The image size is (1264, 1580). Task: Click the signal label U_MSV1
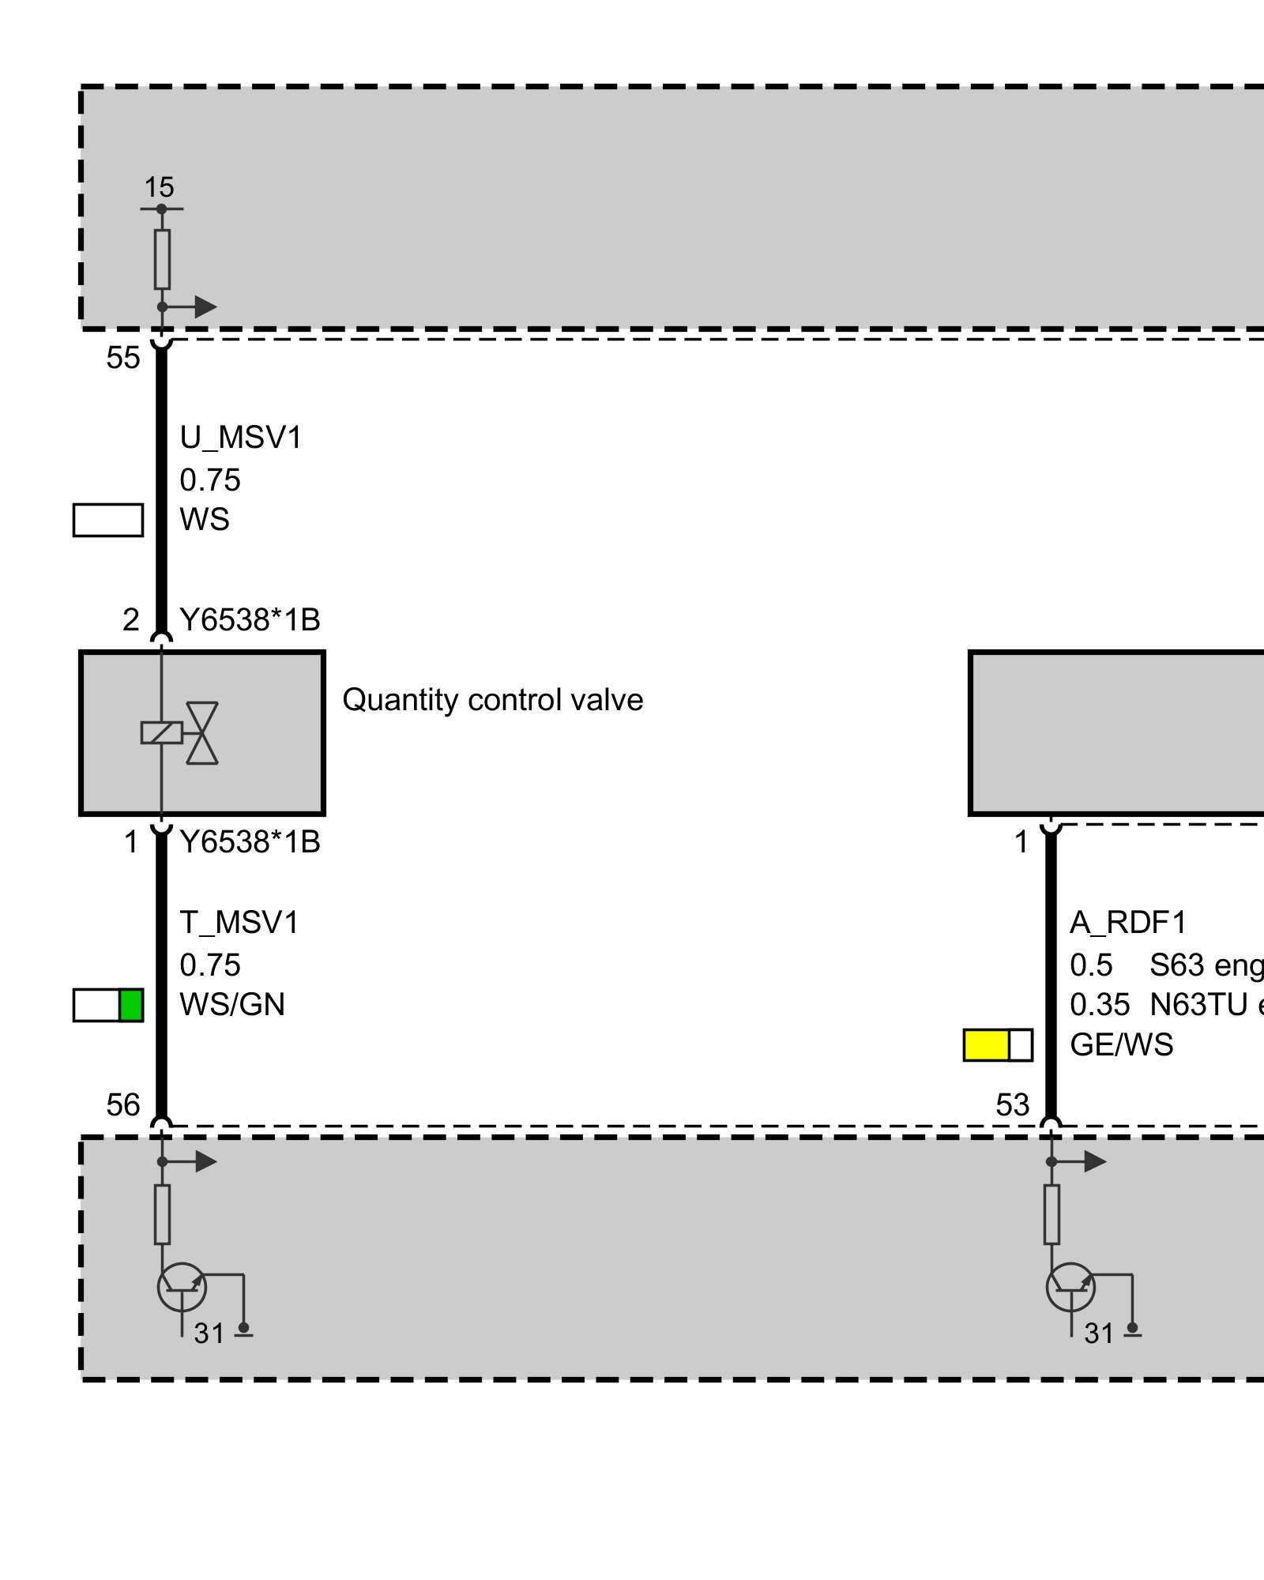pyautogui.click(x=241, y=438)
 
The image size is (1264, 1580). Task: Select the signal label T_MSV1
pyautogui.click(x=239, y=923)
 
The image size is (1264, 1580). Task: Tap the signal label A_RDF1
pyautogui.click(x=1128, y=923)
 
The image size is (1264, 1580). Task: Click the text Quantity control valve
pyautogui.click(x=492, y=700)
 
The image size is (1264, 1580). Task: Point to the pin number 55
pyautogui.click(x=123, y=358)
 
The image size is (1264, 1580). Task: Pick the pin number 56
pyautogui.click(x=123, y=1105)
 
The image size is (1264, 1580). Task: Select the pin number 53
pyautogui.click(x=1013, y=1105)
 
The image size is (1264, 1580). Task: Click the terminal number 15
pyautogui.click(x=159, y=188)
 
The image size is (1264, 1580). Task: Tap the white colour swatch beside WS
pyautogui.click(x=108, y=520)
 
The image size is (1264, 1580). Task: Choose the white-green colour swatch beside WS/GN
pyautogui.click(x=108, y=1005)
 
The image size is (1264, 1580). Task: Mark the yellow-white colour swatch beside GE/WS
pyautogui.click(x=998, y=1045)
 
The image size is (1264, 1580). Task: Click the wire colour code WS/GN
pyautogui.click(x=232, y=1005)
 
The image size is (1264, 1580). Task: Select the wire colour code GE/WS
pyautogui.click(x=1121, y=1045)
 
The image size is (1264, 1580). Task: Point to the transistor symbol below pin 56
pyautogui.click(x=182, y=1288)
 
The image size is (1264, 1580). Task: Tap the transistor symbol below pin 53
pyautogui.click(x=1071, y=1288)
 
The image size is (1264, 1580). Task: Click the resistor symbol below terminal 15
pyautogui.click(x=162, y=259)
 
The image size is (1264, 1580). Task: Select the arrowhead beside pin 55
pyautogui.click(x=205, y=307)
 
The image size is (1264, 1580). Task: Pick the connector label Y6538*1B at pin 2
pyautogui.click(x=250, y=620)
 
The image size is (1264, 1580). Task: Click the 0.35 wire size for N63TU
pyautogui.click(x=1100, y=1005)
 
